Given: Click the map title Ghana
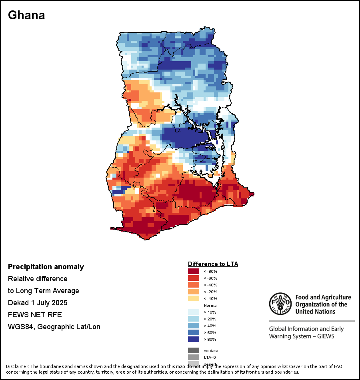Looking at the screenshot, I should (x=26, y=15).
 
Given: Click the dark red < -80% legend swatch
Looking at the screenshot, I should (x=194, y=272).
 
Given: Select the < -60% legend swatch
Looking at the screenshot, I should (x=194, y=278).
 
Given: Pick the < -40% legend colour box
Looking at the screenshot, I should (x=194, y=285).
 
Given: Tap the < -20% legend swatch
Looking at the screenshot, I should (x=194, y=292).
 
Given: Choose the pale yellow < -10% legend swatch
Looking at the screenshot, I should (x=194, y=299).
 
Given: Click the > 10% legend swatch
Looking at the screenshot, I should (x=194, y=312).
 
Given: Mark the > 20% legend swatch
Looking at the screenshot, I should (x=194, y=319).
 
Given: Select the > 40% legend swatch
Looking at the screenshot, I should (x=194, y=326).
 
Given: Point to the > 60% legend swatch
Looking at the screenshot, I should (x=194, y=333).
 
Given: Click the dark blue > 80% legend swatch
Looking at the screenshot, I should (x=194, y=340).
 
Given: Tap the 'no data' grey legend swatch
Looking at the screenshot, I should (x=194, y=350).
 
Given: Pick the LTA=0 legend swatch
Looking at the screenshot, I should (x=194, y=357).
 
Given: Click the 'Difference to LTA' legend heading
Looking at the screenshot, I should (x=213, y=264).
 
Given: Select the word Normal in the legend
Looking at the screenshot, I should (x=210, y=306).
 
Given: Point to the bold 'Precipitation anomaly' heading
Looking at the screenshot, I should (x=46, y=267).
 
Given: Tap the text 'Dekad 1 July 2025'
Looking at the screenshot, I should (x=38, y=303).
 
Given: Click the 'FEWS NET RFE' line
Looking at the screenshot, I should (x=35, y=315).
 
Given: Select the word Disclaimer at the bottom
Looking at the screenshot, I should (x=17, y=366).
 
